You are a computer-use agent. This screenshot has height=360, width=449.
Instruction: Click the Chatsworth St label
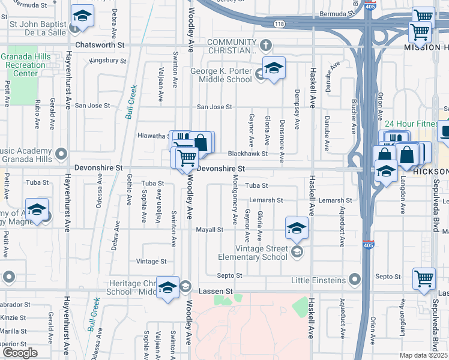(100, 45)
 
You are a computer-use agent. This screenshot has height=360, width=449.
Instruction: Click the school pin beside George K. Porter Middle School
(274, 68)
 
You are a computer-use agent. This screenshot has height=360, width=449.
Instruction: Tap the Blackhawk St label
(247, 154)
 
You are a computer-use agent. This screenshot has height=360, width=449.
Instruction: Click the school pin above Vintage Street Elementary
(297, 229)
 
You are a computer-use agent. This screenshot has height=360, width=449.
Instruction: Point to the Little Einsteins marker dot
(354, 280)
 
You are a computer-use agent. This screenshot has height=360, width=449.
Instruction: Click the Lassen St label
(220, 291)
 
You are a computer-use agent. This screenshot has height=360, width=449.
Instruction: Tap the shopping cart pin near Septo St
(424, 278)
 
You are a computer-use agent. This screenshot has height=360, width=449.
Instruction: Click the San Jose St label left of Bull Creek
(90, 106)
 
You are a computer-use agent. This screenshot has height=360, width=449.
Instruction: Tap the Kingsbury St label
(109, 61)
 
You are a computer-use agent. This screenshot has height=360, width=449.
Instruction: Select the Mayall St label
(210, 229)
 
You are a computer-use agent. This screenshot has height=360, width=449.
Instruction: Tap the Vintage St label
(151, 262)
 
